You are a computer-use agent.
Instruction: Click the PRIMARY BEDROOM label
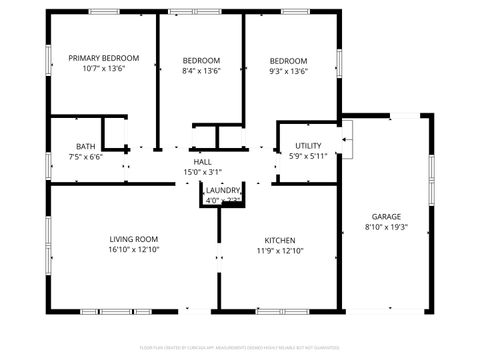pyautogui.click(x=103, y=59)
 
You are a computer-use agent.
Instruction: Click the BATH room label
pyautogui.click(x=85, y=145)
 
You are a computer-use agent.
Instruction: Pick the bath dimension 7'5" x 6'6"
pyautogui.click(x=85, y=157)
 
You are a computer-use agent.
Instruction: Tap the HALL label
pyautogui.click(x=202, y=161)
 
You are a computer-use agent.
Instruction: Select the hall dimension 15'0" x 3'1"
pyautogui.click(x=202, y=172)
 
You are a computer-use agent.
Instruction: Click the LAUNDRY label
pyautogui.click(x=223, y=190)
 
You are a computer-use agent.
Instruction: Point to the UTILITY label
pyautogui.click(x=308, y=146)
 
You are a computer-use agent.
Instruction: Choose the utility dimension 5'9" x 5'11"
pyautogui.click(x=308, y=157)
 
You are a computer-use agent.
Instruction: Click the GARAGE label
pyautogui.click(x=386, y=216)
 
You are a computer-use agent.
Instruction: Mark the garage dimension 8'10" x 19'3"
pyautogui.click(x=386, y=228)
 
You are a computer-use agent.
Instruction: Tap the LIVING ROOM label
pyautogui.click(x=134, y=239)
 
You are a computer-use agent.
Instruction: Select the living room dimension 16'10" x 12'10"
pyautogui.click(x=134, y=251)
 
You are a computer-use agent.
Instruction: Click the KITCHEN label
pyautogui.click(x=279, y=240)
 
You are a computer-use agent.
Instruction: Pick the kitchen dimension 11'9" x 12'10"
pyautogui.click(x=279, y=251)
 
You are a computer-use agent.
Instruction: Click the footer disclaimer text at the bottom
pyautogui.click(x=240, y=349)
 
